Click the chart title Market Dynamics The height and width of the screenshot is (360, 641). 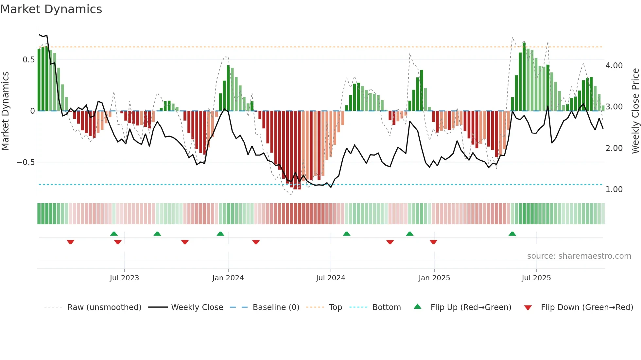(51, 9)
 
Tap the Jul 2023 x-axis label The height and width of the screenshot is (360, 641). (124, 278)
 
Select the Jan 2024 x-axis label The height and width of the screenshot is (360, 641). (228, 278)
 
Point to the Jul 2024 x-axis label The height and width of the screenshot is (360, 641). (331, 278)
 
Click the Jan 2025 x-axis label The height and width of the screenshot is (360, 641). (434, 278)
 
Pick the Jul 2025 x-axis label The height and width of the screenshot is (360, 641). (536, 278)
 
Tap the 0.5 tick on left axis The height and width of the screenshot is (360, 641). (29, 60)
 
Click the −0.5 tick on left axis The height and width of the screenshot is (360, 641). (26, 162)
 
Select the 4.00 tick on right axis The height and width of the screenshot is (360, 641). (614, 66)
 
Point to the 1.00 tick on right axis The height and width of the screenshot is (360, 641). (614, 189)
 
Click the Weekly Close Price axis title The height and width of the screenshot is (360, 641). (635, 111)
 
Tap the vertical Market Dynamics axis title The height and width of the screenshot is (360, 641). (6, 111)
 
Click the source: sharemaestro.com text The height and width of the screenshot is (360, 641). (579, 256)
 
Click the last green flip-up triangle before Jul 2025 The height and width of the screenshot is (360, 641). (512, 234)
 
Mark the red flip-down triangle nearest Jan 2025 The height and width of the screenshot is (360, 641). (433, 242)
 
